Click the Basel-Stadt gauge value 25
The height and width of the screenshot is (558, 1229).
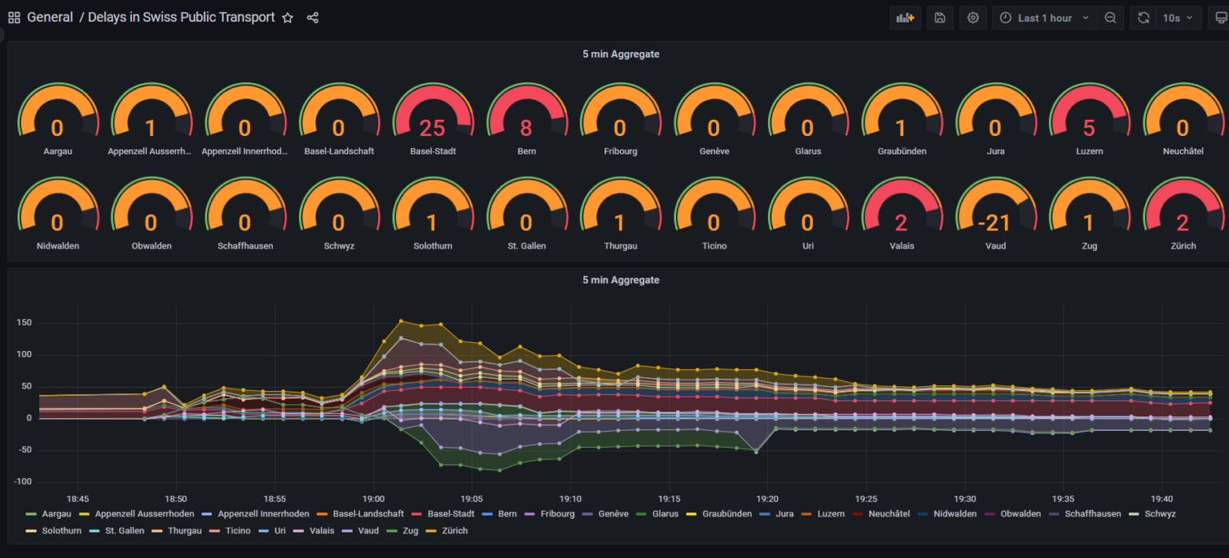[433, 128]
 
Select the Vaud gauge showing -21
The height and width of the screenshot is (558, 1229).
[995, 223]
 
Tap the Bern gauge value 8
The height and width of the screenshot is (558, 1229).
[526, 128]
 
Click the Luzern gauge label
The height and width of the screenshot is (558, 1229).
[1089, 151]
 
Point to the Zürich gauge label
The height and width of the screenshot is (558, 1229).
[1183, 246]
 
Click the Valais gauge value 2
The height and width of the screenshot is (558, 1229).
[902, 223]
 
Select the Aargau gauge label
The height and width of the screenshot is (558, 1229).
[58, 151]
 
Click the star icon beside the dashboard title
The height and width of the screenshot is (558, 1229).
[288, 18]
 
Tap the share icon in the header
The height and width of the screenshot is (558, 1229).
[313, 18]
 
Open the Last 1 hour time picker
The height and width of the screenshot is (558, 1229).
[1044, 18]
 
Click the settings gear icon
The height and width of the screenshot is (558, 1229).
[973, 18]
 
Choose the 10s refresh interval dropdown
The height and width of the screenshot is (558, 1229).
[1177, 18]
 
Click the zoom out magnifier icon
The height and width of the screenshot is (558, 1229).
[1111, 18]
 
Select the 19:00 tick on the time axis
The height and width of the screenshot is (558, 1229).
[373, 498]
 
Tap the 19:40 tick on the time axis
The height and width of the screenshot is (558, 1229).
[1162, 498]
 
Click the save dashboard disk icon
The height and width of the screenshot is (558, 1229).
[940, 18]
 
